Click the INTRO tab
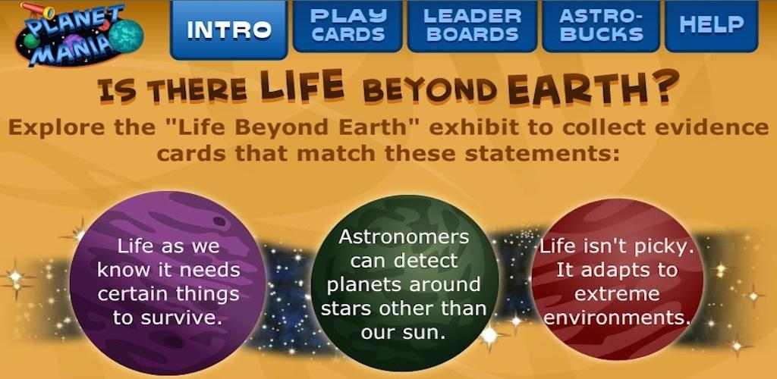228,30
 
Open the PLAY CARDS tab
348,26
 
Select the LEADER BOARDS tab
472,26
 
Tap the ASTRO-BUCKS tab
601,26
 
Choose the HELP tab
712,26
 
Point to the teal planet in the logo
126,36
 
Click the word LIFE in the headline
302,85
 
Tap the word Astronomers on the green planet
404,236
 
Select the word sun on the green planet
427,333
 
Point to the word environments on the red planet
617,318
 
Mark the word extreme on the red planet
617,294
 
